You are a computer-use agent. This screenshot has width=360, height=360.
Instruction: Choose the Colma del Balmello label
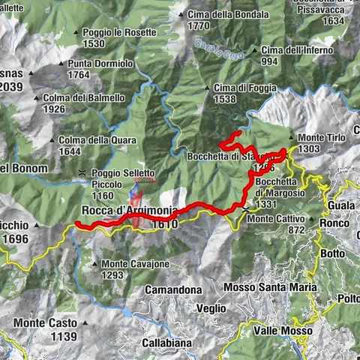point(84,97)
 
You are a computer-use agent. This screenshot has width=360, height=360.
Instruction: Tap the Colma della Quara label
point(90,140)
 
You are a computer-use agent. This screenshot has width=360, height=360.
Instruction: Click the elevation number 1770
point(198,25)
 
